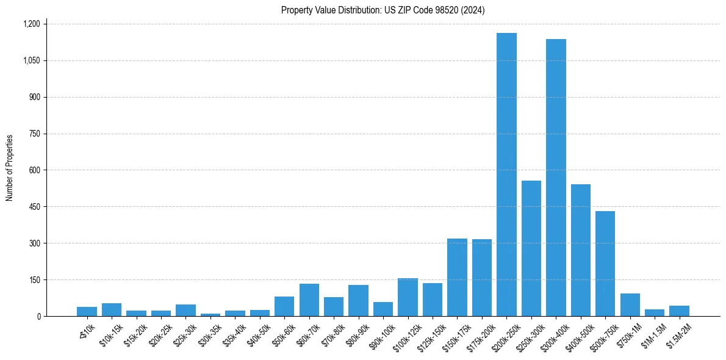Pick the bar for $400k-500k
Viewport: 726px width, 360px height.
(x=581, y=250)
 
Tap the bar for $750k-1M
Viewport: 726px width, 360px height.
(x=630, y=305)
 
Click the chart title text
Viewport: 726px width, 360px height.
(x=383, y=10)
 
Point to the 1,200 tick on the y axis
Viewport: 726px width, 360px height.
(x=31, y=24)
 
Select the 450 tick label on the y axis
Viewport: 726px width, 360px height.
(x=34, y=207)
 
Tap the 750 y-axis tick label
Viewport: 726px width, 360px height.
(x=34, y=134)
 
